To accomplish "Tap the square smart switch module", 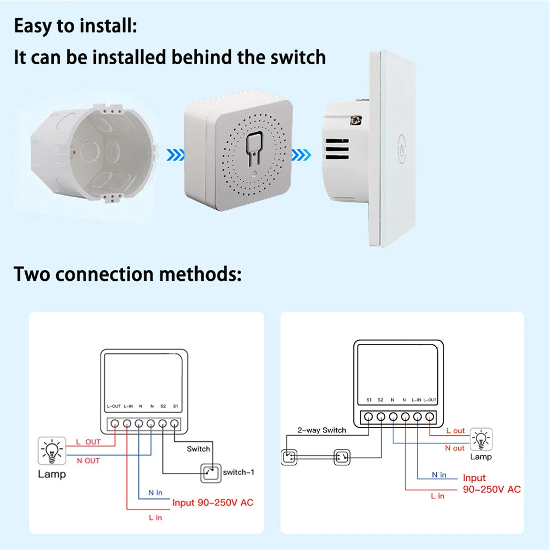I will click(237, 154).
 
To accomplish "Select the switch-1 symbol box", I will click(210, 471).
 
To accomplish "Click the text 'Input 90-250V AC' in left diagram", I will click(213, 502).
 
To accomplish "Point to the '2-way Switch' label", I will click(321, 430).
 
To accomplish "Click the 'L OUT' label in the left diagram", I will click(88, 442).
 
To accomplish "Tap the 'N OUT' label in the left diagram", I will click(88, 460).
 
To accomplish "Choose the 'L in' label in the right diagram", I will click(437, 496).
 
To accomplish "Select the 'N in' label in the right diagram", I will click(439, 475).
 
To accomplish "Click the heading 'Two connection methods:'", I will click(127, 274).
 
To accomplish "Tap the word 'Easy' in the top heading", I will click(36, 26).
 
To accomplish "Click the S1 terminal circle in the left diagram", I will click(175, 424).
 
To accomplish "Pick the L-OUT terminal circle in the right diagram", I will click(430, 416).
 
